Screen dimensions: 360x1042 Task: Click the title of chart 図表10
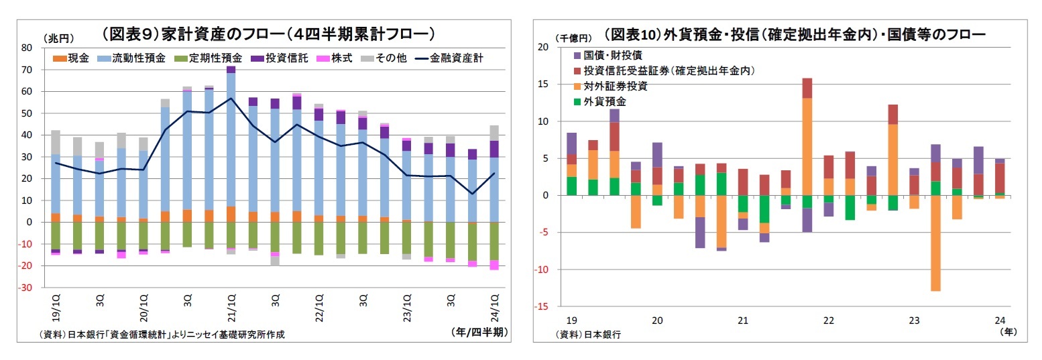(x=794, y=34)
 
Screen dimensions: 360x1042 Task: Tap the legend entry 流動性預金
(x=134, y=58)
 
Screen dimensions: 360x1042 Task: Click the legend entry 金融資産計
(x=459, y=58)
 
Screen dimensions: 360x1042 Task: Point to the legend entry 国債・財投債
(x=613, y=55)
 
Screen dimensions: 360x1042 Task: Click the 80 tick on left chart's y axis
(x=27, y=48)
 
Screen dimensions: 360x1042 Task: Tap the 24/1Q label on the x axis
(x=494, y=307)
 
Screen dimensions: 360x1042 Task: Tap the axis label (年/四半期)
(x=479, y=331)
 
